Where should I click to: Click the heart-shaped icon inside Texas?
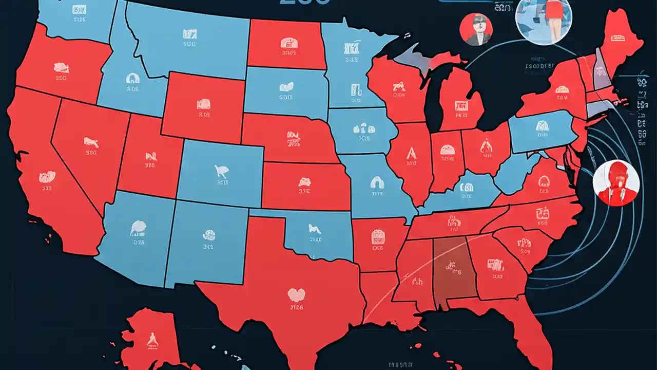coord(296,294)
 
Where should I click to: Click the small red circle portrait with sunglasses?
coord(476,29)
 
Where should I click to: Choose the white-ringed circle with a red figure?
coord(616,183)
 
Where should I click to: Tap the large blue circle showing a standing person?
coord(543,21)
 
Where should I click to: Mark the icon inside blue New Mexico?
coord(209,236)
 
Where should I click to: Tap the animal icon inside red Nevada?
coord(91,142)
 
